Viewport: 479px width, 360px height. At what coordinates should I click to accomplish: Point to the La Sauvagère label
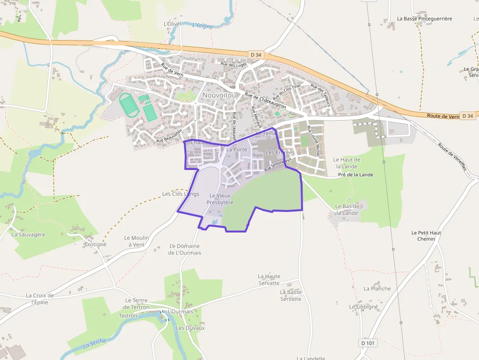(x=28, y=234)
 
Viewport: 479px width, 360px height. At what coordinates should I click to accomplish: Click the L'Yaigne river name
(x=203, y=26)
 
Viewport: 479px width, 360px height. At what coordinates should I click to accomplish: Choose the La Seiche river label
(x=94, y=343)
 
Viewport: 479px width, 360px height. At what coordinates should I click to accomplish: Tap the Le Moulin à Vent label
(x=136, y=241)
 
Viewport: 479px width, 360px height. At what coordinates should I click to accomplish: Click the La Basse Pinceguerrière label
(x=424, y=19)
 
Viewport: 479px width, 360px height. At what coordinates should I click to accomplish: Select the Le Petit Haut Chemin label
(x=426, y=236)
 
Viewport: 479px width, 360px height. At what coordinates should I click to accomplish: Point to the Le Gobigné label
(x=364, y=307)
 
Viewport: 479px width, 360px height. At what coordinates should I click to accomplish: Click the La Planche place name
(x=377, y=289)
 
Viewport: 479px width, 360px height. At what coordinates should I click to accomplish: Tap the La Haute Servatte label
(x=269, y=279)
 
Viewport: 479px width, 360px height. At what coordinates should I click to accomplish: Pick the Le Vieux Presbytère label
(x=220, y=199)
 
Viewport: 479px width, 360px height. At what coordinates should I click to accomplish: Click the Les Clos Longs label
(x=181, y=194)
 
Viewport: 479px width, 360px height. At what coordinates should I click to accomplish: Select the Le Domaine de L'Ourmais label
(x=185, y=249)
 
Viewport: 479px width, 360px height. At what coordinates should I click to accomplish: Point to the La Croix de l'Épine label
(x=40, y=298)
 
